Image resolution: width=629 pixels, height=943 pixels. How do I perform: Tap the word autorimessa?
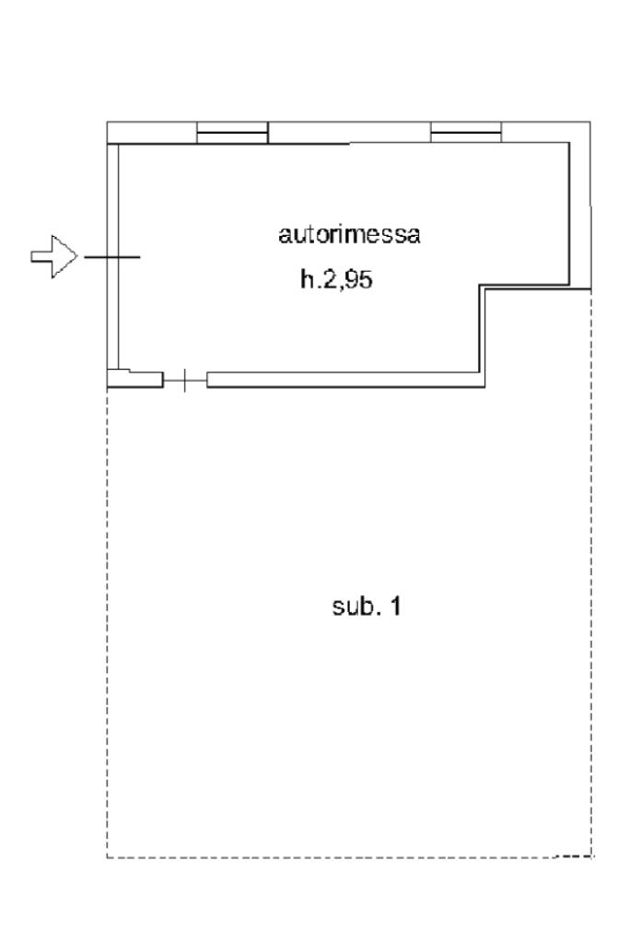pos(349,234)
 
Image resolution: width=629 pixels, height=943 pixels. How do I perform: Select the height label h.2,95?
pos(336,280)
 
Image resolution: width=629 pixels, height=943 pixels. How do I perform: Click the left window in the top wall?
pos(232,135)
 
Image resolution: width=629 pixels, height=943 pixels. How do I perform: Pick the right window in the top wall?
pos(466,135)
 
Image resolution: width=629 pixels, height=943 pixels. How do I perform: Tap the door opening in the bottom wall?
pos(185,380)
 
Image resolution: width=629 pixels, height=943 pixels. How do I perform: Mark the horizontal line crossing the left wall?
pos(112,256)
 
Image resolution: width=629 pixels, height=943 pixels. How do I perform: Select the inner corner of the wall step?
pos(482,289)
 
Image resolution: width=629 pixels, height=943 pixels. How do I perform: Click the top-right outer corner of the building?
pos(589,123)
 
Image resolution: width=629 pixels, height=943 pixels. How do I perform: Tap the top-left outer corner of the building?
pos(108,123)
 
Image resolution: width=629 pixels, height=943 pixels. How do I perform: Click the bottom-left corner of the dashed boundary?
pos(108,857)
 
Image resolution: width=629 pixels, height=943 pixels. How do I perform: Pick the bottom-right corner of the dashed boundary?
pos(590,857)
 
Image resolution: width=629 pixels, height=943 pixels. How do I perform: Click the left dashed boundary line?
pos(108,627)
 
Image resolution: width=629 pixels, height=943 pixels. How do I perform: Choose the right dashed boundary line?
pos(590,572)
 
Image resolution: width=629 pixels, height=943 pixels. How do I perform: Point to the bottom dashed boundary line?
pos(350,857)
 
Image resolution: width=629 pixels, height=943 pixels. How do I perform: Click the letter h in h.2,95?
pos(306,280)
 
